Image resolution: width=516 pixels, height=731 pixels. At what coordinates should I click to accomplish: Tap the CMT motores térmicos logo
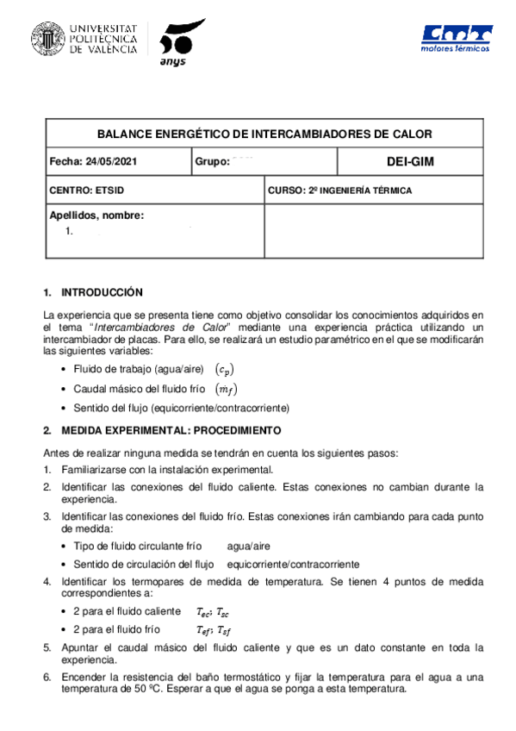pyautogui.click(x=456, y=39)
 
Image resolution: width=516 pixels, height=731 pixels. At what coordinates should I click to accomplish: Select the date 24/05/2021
pyautogui.click(x=109, y=161)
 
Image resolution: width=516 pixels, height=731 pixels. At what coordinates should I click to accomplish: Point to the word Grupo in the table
pyautogui.click(x=211, y=161)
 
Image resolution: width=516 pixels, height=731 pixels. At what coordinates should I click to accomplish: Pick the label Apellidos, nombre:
pyautogui.click(x=96, y=216)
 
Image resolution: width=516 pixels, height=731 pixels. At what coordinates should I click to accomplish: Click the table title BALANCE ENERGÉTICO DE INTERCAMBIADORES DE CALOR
pyautogui.click(x=264, y=134)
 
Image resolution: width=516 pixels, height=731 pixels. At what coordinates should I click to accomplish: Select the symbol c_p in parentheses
pyautogui.click(x=223, y=369)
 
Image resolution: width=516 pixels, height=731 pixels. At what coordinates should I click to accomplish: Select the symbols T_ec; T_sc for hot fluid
pyautogui.click(x=211, y=611)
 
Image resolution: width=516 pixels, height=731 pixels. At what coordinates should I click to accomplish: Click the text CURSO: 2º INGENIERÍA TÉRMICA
pyautogui.click(x=339, y=190)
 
